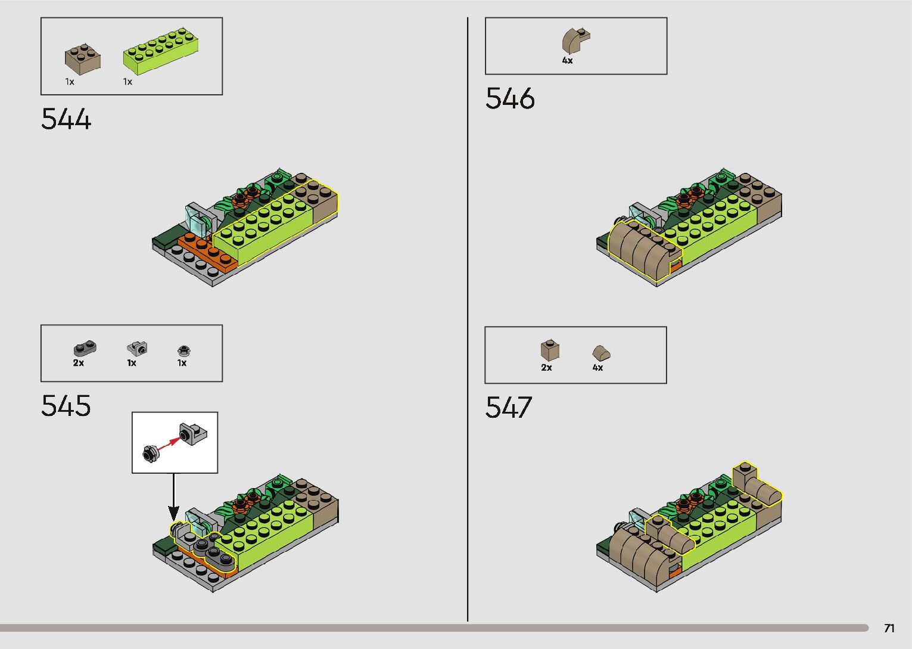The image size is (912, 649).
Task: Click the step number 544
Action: pos(66,119)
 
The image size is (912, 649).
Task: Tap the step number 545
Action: pos(66,406)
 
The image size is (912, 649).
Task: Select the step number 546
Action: pos(510,98)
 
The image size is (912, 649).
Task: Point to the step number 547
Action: pos(508,408)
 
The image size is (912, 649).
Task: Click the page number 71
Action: pos(889,628)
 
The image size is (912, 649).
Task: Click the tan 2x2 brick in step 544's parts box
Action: pos(82,59)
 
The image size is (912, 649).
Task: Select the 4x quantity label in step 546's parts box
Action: pos(567,61)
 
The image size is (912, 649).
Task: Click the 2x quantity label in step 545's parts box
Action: pos(79,363)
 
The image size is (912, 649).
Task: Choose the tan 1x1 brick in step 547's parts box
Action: pos(550,350)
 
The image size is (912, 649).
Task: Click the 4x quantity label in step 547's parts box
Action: pos(597,368)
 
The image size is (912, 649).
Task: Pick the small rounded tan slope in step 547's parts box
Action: pos(601,352)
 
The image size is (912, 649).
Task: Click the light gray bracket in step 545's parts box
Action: pos(137,347)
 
